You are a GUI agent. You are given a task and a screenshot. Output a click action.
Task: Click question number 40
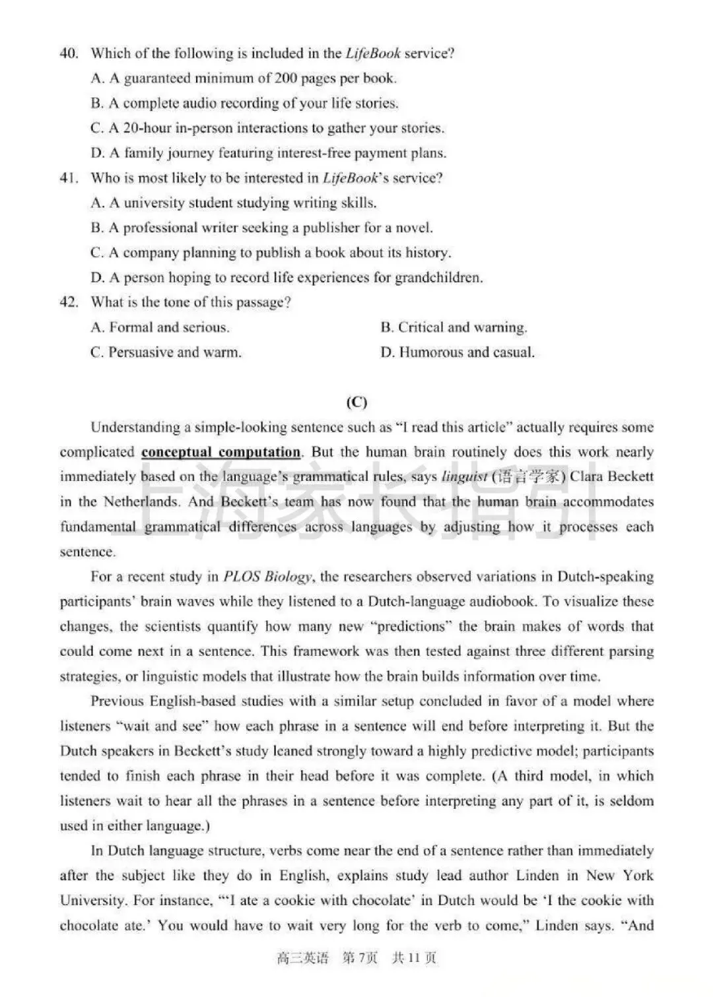[69, 53]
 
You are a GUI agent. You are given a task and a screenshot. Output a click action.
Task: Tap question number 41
[69, 178]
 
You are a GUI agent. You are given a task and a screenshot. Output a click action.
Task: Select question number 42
[69, 303]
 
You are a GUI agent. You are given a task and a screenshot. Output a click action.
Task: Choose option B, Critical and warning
[454, 328]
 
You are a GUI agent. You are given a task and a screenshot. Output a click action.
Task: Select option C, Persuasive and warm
[166, 352]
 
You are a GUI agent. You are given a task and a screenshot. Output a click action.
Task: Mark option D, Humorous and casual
[457, 352]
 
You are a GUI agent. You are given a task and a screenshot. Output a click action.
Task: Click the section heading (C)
[356, 402]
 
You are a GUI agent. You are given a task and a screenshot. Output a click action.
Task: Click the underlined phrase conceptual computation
[221, 453]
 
